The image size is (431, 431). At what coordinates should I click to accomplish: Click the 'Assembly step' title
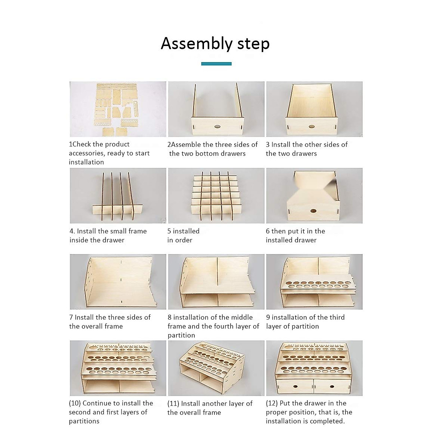click(215, 43)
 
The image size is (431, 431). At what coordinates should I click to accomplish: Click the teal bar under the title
click(216, 64)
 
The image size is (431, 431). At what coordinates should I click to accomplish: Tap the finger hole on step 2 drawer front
click(217, 126)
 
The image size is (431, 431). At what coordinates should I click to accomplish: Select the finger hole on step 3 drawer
click(311, 126)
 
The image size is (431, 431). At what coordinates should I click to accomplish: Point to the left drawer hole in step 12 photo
click(295, 387)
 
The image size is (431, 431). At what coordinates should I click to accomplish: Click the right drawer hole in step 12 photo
click(333, 387)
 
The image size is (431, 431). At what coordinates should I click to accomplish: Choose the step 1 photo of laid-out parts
click(118, 109)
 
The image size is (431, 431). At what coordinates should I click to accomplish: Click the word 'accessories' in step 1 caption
click(86, 153)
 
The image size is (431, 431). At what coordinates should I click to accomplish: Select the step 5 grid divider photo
click(216, 196)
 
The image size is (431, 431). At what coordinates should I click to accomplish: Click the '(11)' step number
click(173, 404)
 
